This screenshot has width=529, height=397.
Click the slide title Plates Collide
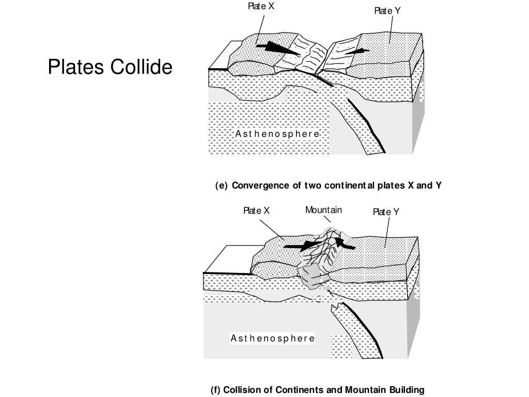[110, 67]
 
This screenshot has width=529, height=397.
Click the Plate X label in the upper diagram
[261, 7]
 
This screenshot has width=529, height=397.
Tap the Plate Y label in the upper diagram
[387, 11]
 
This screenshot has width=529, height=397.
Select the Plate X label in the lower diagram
[256, 211]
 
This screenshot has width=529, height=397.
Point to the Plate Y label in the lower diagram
[386, 212]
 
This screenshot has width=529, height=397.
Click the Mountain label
[323, 210]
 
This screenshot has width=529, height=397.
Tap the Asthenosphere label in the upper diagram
[277, 134]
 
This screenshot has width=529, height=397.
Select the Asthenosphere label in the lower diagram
[272, 339]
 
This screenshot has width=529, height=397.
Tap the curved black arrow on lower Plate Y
[344, 243]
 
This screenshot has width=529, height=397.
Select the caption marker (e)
[221, 186]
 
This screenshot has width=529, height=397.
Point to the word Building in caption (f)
[407, 390]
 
